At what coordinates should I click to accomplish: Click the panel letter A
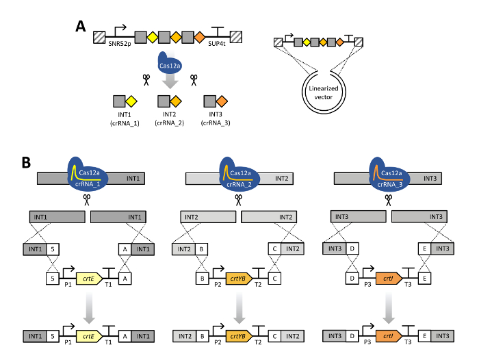81,26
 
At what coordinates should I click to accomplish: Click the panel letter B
26,162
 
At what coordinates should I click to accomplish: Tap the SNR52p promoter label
120,44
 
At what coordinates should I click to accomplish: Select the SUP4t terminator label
217,44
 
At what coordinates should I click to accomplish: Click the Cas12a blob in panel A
169,63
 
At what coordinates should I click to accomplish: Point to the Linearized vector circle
324,92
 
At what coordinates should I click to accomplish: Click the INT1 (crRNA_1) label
125,119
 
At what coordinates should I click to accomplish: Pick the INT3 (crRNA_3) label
216,118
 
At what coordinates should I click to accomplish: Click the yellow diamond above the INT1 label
131,101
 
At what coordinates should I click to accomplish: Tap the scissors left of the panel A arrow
146,80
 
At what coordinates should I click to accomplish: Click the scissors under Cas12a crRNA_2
238,200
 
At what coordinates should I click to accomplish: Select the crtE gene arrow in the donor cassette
89,279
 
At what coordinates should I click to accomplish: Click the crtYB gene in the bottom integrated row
239,336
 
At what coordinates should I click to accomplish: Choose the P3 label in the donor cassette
367,285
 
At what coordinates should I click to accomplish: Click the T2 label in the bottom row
258,342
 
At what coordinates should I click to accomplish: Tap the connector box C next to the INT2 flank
274,249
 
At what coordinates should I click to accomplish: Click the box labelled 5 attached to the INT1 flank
53,249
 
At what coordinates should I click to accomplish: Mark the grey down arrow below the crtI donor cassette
389,307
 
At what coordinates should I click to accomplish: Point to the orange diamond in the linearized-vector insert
339,42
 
